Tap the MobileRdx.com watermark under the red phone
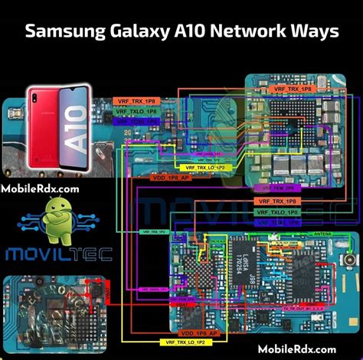tap(40, 188)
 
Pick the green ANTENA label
tap(322, 234)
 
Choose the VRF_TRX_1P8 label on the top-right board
tap(292, 90)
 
